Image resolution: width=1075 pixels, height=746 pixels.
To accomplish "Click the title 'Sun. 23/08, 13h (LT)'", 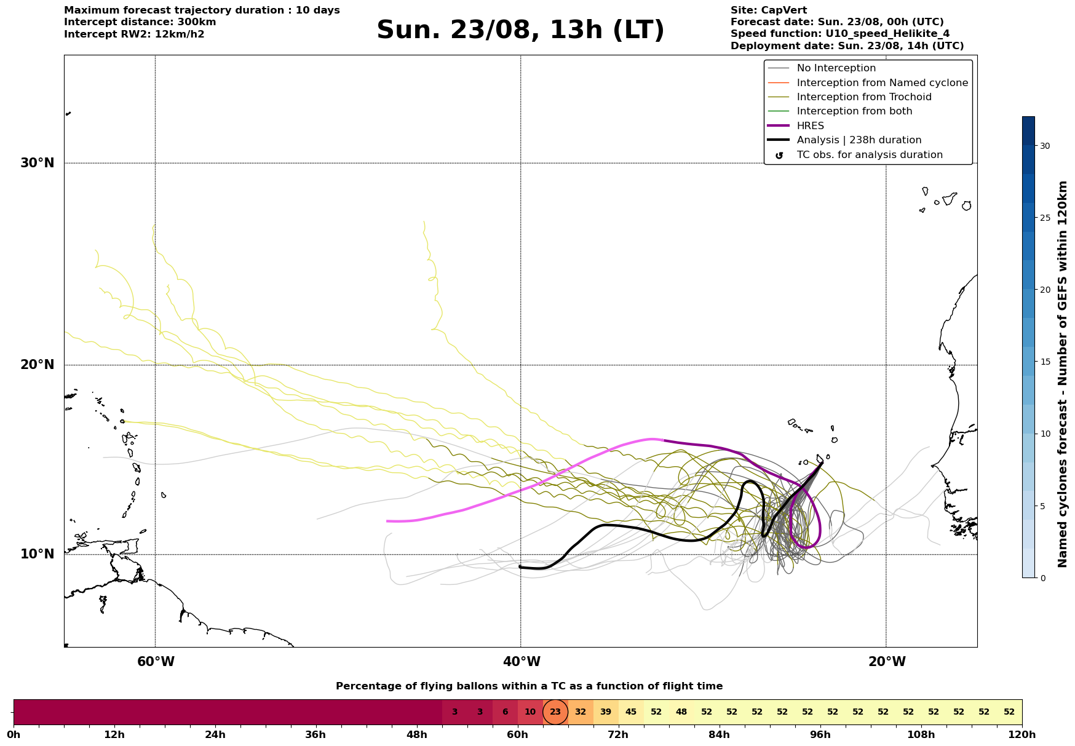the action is [x=520, y=30].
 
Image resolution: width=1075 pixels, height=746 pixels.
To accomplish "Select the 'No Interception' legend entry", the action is [x=822, y=68].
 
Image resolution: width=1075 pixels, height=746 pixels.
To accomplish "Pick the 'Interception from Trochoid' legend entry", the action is [x=849, y=97].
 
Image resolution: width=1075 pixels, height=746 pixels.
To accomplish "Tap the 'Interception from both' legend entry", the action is [x=840, y=111].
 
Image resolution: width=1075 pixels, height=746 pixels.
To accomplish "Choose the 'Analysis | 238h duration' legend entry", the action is [x=844, y=140].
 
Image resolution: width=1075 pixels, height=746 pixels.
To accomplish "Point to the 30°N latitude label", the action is [x=38, y=163].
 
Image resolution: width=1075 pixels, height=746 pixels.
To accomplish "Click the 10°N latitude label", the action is [x=38, y=554].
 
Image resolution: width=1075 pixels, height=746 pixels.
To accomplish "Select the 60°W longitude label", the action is [x=156, y=662].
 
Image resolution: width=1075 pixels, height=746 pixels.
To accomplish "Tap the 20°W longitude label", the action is [x=886, y=662].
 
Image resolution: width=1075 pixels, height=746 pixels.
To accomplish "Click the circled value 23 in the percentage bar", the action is [x=555, y=712].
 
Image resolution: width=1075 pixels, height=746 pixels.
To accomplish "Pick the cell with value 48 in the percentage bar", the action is [x=681, y=712].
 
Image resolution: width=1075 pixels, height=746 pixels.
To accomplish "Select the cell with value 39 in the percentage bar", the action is [x=606, y=712].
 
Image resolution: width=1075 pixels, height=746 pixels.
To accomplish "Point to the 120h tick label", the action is [x=1022, y=734].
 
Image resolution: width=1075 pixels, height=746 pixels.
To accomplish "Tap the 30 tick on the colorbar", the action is [x=1045, y=146].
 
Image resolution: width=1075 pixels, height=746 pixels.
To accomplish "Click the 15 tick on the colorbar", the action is [x=1045, y=362].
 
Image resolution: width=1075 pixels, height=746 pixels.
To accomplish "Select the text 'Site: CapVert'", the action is [x=769, y=10].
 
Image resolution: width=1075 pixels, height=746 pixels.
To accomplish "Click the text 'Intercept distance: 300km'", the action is [x=140, y=22].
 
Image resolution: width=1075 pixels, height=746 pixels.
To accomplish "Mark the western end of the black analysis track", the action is [x=520, y=567].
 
